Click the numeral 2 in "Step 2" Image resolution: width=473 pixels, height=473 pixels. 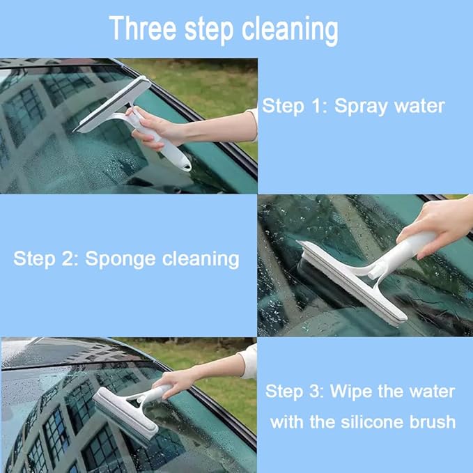(68, 259)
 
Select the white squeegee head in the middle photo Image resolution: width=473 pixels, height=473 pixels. (348, 283)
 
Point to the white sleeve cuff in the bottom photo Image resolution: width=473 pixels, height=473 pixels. (248, 361)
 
